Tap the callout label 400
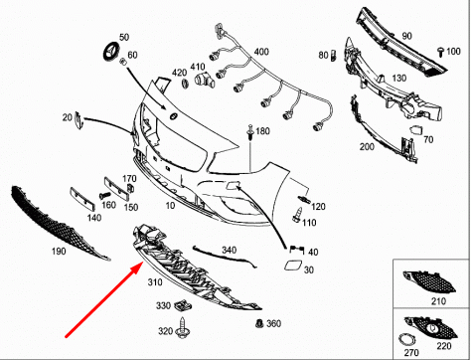(260, 51)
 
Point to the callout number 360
(274, 323)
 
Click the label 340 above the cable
(229, 250)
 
